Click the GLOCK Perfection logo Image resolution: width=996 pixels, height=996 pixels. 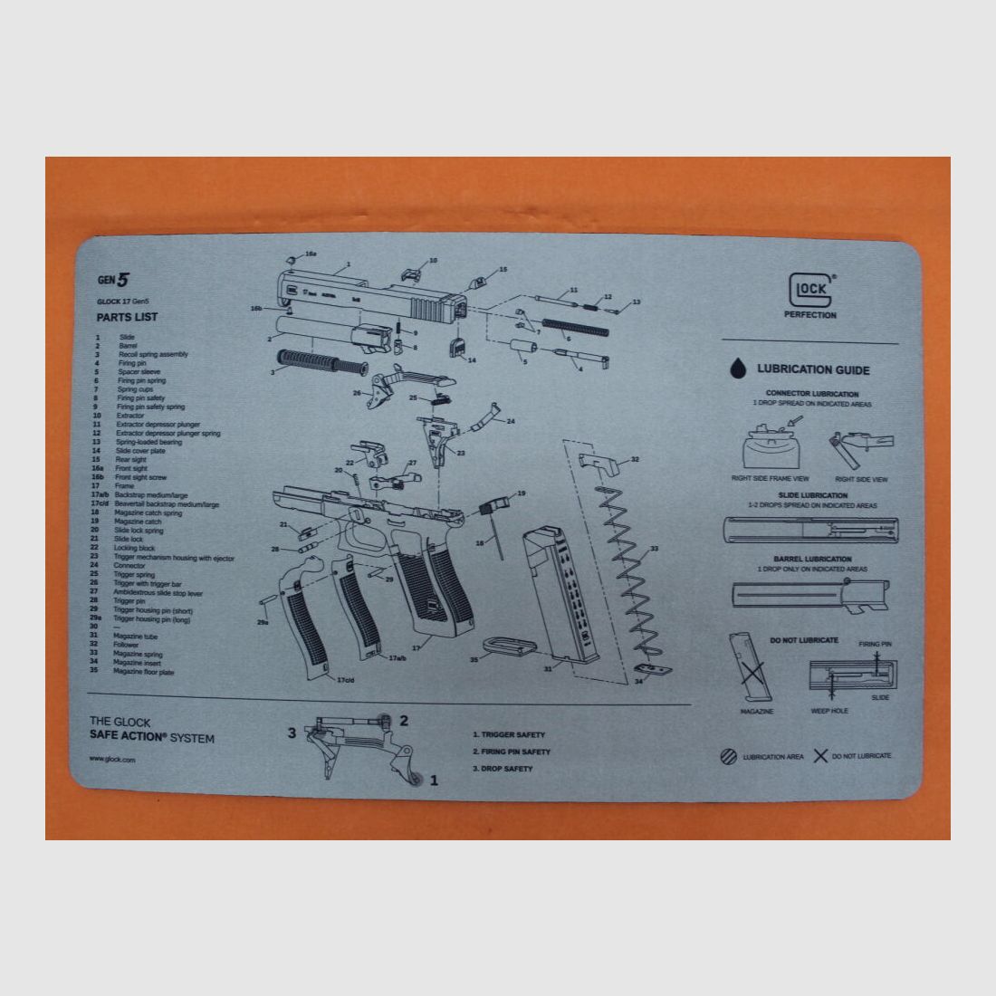click(x=810, y=293)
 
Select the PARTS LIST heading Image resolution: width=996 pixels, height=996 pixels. click(x=127, y=318)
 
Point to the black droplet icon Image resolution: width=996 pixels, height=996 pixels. click(x=740, y=369)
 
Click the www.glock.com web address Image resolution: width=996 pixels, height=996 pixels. click(x=112, y=760)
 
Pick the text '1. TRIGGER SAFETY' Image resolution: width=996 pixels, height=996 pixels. click(x=509, y=735)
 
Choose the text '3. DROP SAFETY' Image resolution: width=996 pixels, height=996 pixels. click(x=503, y=769)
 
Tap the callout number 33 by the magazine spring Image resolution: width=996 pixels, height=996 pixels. click(x=655, y=549)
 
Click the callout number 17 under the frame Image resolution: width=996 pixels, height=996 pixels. click(x=417, y=647)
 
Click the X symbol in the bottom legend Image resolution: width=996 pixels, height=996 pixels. click(x=820, y=755)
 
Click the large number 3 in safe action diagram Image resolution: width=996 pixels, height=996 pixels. click(x=292, y=733)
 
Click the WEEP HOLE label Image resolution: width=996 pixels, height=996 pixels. click(x=828, y=712)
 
